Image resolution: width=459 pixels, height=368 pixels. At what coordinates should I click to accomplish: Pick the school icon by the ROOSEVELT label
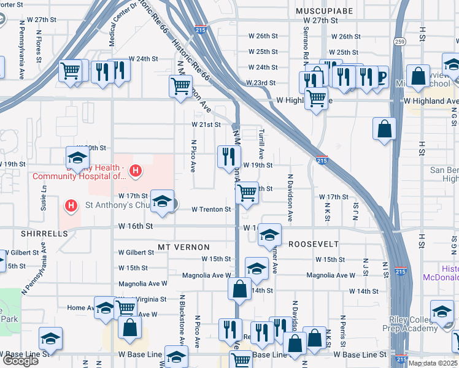pyautogui.click(x=269, y=234)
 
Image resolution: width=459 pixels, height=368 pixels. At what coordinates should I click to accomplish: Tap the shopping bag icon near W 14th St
pyautogui.click(x=239, y=288)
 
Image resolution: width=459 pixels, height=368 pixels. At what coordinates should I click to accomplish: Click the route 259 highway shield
pyautogui.click(x=400, y=42)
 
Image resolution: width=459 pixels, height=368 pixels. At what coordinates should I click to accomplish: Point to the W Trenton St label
pyautogui.click(x=211, y=209)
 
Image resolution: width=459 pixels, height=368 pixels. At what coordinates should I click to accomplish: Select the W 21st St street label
pyautogui.click(x=206, y=125)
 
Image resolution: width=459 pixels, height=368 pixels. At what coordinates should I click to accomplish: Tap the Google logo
pyautogui.click(x=20, y=361)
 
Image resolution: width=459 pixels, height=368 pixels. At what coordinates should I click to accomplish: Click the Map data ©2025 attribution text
pyautogui.click(x=433, y=363)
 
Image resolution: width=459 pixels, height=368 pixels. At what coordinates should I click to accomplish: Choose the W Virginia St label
pyautogui.click(x=147, y=299)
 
